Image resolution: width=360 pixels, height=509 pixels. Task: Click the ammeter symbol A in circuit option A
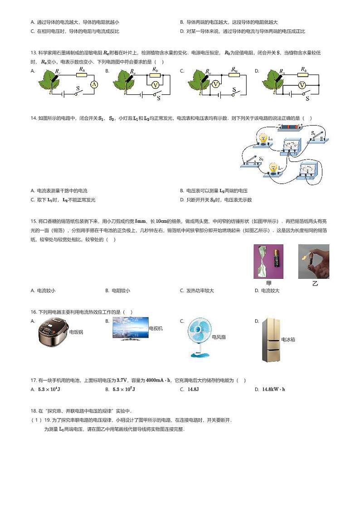(94, 85)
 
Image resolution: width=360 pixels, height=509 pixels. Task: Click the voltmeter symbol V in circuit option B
(156, 84)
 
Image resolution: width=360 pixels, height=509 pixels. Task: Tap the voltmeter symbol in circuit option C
(216, 84)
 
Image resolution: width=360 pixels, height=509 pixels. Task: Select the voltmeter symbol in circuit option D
(301, 85)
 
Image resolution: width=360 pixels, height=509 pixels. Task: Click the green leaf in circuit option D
(273, 80)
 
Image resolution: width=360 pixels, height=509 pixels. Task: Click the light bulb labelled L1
(263, 140)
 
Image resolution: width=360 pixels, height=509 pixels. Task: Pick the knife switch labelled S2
(252, 162)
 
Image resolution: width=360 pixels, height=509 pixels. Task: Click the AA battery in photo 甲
(274, 262)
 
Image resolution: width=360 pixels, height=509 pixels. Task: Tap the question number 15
(33, 221)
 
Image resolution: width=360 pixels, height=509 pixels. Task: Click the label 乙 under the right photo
(315, 284)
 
